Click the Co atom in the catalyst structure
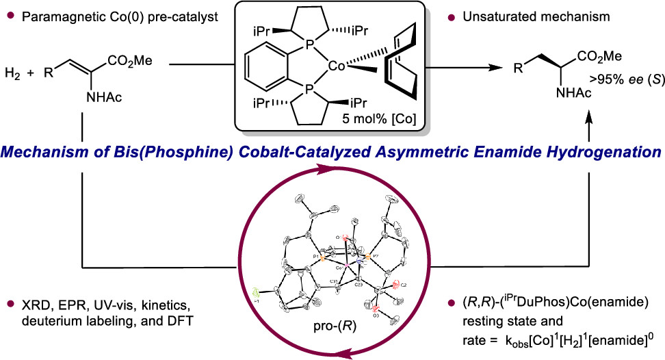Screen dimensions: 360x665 coord(337,66)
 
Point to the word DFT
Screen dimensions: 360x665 coord(157,318)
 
